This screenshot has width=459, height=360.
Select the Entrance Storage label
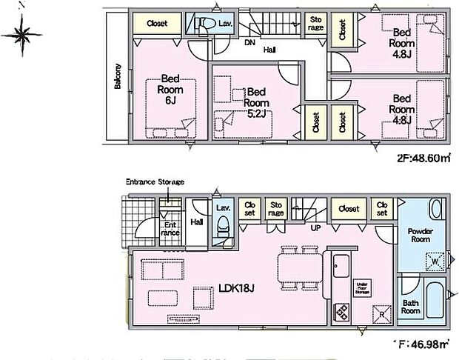155,181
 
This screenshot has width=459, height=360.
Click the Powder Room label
420,236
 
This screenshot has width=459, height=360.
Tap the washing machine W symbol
433,260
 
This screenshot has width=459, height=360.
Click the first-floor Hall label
197,221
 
